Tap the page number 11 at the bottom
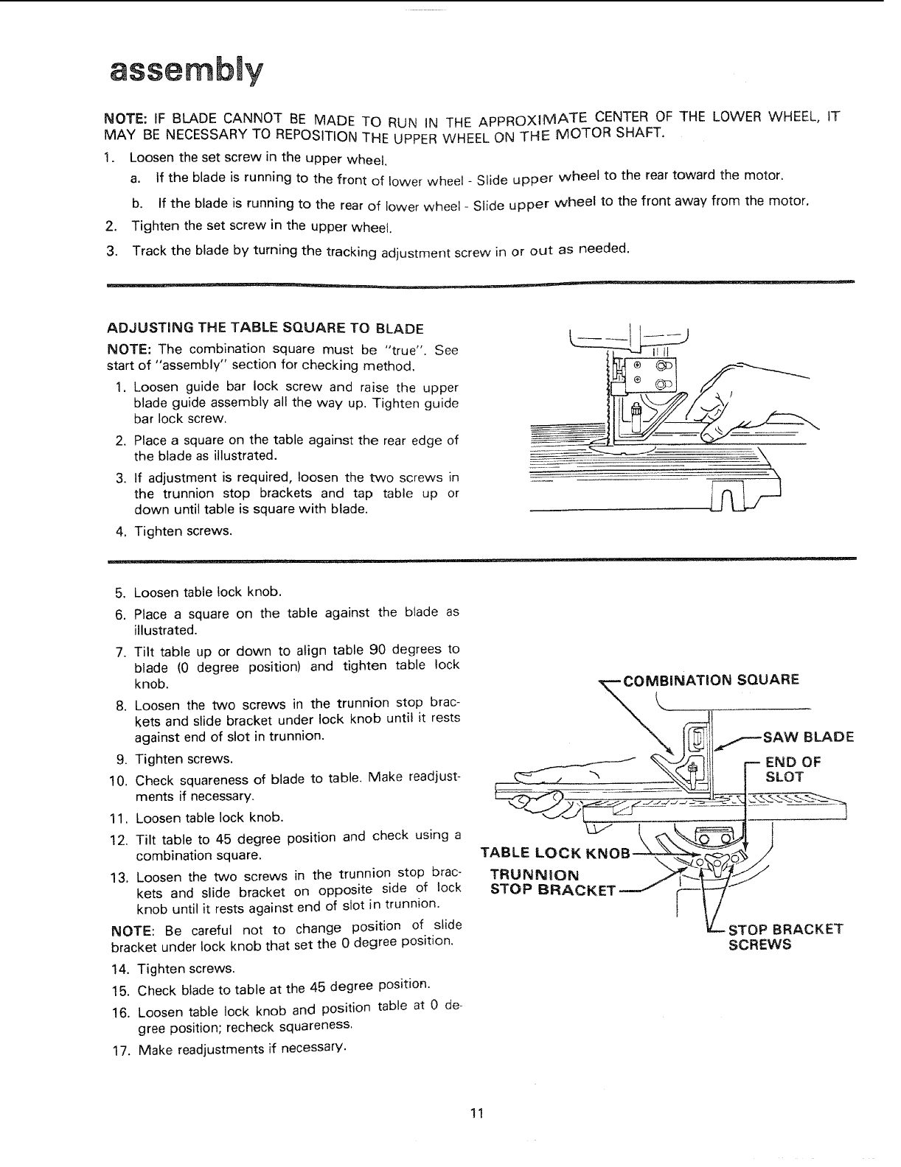[476, 1112]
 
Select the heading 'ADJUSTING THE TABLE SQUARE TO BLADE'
[265, 328]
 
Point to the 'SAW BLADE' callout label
[807, 737]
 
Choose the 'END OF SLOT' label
[793, 769]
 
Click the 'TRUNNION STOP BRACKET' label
[553, 882]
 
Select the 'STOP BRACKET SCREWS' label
[785, 936]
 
